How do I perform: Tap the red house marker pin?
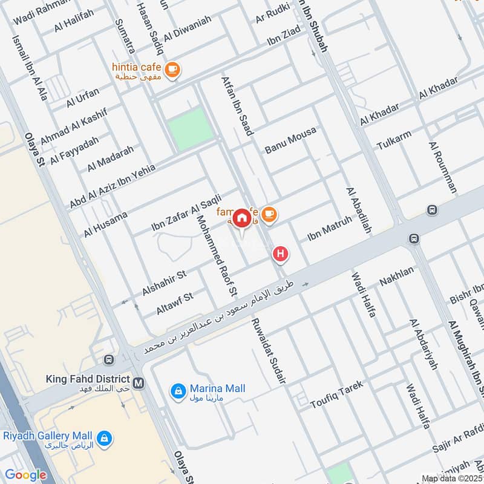[x=242, y=218]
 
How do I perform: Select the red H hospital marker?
[x=280, y=255]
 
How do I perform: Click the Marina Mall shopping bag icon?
[x=178, y=391]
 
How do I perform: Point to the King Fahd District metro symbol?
[x=139, y=383]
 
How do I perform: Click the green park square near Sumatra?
[x=191, y=129]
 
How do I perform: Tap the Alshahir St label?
[x=164, y=280]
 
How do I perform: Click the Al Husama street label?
[x=106, y=223]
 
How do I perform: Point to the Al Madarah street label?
[x=110, y=160]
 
